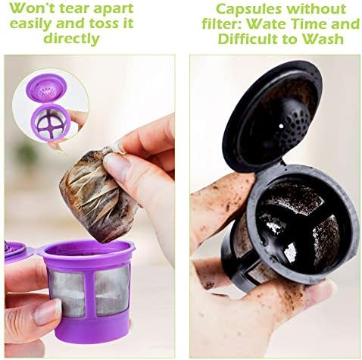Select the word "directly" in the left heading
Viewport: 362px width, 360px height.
[x=72, y=39]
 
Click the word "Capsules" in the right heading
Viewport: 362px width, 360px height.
[x=248, y=9]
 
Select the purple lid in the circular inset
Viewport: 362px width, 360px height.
[x=46, y=87]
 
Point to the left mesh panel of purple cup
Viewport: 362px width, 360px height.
[x=67, y=293]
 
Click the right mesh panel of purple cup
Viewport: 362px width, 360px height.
[x=112, y=290]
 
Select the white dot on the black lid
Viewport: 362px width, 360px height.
[x=282, y=126]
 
